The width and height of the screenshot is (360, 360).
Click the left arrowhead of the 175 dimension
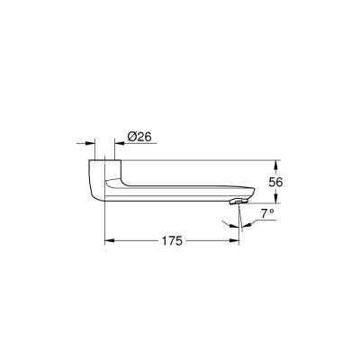110,241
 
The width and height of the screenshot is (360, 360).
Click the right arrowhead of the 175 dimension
237,241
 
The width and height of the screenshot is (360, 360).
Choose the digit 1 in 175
164,240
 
